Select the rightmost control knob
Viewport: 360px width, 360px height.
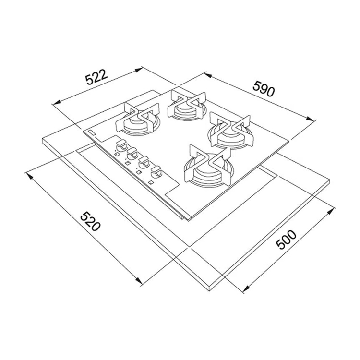click(x=156, y=171)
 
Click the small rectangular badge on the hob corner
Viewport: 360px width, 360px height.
click(x=91, y=132)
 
